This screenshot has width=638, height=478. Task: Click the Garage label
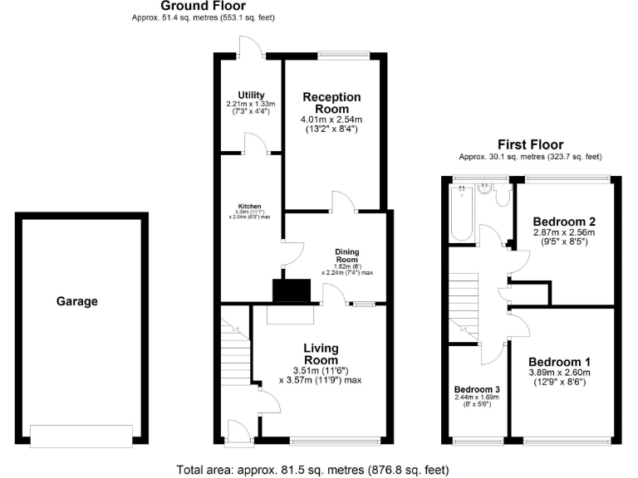click(76, 301)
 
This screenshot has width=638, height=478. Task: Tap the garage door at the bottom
click(81, 434)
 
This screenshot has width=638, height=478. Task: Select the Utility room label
click(250, 95)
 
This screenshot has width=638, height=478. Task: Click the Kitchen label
click(250, 206)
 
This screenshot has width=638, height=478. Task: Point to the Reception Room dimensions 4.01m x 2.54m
click(331, 119)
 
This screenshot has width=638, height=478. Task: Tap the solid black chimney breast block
click(292, 290)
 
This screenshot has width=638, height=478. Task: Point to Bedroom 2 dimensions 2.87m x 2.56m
click(564, 234)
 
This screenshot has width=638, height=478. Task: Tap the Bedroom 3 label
click(477, 389)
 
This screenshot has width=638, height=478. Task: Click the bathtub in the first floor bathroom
click(460, 212)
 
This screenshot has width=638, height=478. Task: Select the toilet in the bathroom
click(501, 196)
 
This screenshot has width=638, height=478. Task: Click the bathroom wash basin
click(482, 188)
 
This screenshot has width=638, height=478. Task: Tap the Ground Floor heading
click(203, 6)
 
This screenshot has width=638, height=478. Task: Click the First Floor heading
click(530, 144)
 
